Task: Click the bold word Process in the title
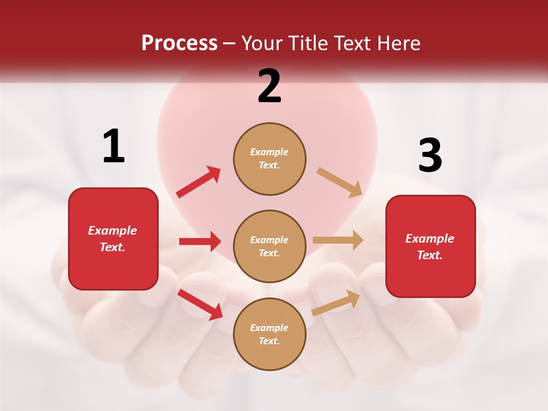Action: [179, 43]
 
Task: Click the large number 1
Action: [114, 146]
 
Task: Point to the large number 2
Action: [269, 86]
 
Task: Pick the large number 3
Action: [430, 156]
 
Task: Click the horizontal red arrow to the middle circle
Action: [200, 241]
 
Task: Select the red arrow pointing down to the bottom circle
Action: [200, 304]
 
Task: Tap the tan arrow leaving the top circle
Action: [340, 182]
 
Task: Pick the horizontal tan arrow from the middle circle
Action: [338, 240]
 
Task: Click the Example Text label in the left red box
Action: [112, 239]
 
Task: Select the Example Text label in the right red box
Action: [430, 247]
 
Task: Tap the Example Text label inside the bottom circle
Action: [269, 334]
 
